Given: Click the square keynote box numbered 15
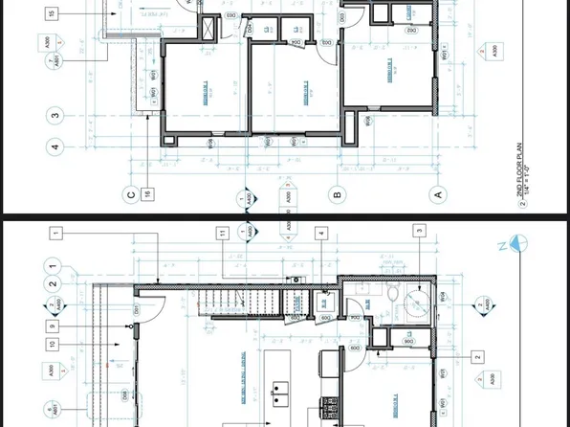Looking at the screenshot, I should [x=50, y=13].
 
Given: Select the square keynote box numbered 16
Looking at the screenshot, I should [x=148, y=194].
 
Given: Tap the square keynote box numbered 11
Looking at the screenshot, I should [x=222, y=233].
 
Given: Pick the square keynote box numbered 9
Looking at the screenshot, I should [x=51, y=325].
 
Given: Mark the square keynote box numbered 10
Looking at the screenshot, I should [x=51, y=343].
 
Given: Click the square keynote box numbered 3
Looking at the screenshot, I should [x=419, y=230].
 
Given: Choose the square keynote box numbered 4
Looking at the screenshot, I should [x=322, y=233].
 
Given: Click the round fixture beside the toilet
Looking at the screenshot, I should [x=418, y=304].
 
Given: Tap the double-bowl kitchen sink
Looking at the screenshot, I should [x=281, y=391].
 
